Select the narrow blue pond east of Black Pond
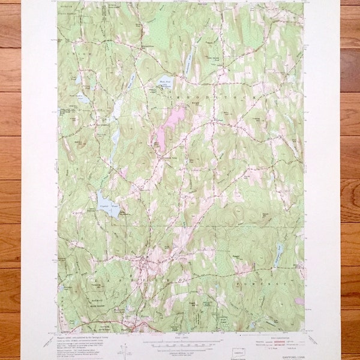coord(189,59)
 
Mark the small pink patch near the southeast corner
coord(299,301)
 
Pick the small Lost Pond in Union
coord(79,78)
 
